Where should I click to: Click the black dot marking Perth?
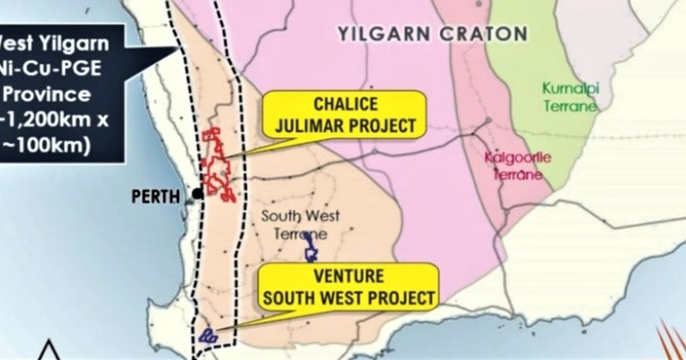click(x=198, y=194)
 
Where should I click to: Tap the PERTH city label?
click(x=155, y=197)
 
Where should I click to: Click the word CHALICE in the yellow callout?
click(x=346, y=104)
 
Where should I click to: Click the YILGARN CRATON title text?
click(x=432, y=34)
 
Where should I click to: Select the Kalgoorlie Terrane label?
click(x=518, y=165)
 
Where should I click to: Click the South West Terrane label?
click(x=300, y=225)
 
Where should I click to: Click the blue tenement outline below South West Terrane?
click(x=311, y=248)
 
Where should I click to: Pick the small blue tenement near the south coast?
click(x=207, y=335)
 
